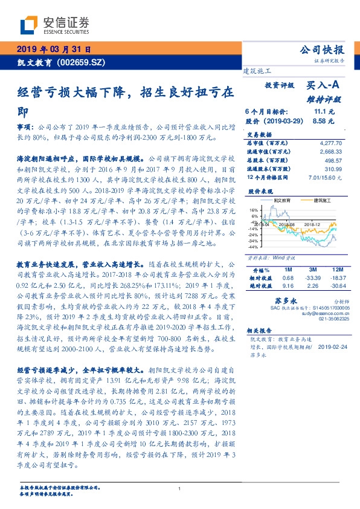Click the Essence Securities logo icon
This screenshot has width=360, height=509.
tap(29, 24)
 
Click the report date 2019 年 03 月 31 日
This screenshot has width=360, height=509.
tap(53, 48)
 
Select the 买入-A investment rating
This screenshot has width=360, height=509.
tap(324, 87)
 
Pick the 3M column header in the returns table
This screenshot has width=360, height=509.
tap(313, 268)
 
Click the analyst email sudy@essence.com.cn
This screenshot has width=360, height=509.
tap(325, 314)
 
